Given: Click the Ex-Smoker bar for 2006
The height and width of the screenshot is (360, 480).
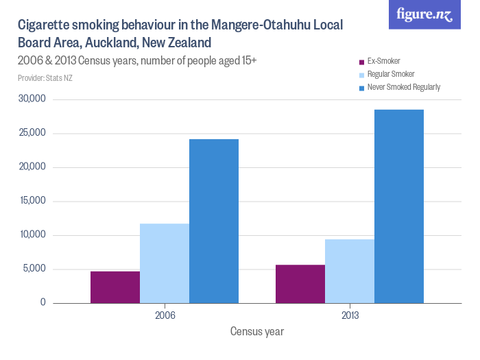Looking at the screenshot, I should click(x=115, y=287).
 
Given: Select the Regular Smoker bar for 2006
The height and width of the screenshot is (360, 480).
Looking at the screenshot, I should click(x=165, y=263).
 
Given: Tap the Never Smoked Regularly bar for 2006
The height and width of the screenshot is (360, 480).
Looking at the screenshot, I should click(x=214, y=221).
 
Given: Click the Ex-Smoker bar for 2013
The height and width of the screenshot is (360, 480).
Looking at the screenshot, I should click(x=300, y=283).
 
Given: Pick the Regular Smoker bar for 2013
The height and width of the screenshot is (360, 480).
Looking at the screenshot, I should click(x=350, y=271).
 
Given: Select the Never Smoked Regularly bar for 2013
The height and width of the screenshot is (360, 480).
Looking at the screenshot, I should click(x=399, y=206).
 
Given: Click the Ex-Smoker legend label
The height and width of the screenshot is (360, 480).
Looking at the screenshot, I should click(x=383, y=61).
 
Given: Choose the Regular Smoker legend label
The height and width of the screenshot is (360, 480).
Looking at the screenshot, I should click(x=391, y=74).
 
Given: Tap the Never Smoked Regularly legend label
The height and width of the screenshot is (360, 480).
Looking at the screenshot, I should click(x=403, y=87).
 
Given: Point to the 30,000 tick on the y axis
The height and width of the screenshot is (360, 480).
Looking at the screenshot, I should click(x=32, y=99).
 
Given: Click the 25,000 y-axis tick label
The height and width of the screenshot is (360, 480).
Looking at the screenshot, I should click(x=32, y=133).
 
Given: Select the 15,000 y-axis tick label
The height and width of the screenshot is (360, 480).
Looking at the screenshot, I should click(x=32, y=201).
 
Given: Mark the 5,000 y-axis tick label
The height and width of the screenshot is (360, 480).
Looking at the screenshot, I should click(x=34, y=269).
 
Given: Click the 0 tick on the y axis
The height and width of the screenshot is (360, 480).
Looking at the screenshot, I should click(x=43, y=302).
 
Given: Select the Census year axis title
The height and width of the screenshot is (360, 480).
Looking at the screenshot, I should click(x=257, y=332).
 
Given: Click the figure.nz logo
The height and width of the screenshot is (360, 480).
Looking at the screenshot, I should click(x=424, y=14).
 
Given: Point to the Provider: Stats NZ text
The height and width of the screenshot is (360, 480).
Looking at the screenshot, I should click(x=45, y=78).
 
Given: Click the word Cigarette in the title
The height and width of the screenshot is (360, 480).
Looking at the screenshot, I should click(x=43, y=26).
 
